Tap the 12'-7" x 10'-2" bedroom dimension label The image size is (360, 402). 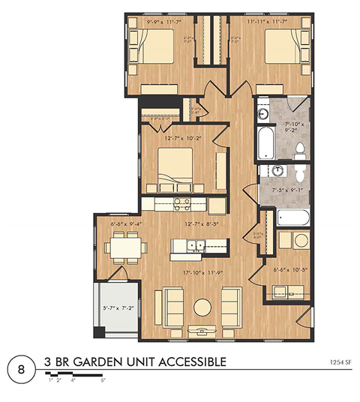coord(177,137)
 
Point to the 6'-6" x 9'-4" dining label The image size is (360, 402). coord(125,223)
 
